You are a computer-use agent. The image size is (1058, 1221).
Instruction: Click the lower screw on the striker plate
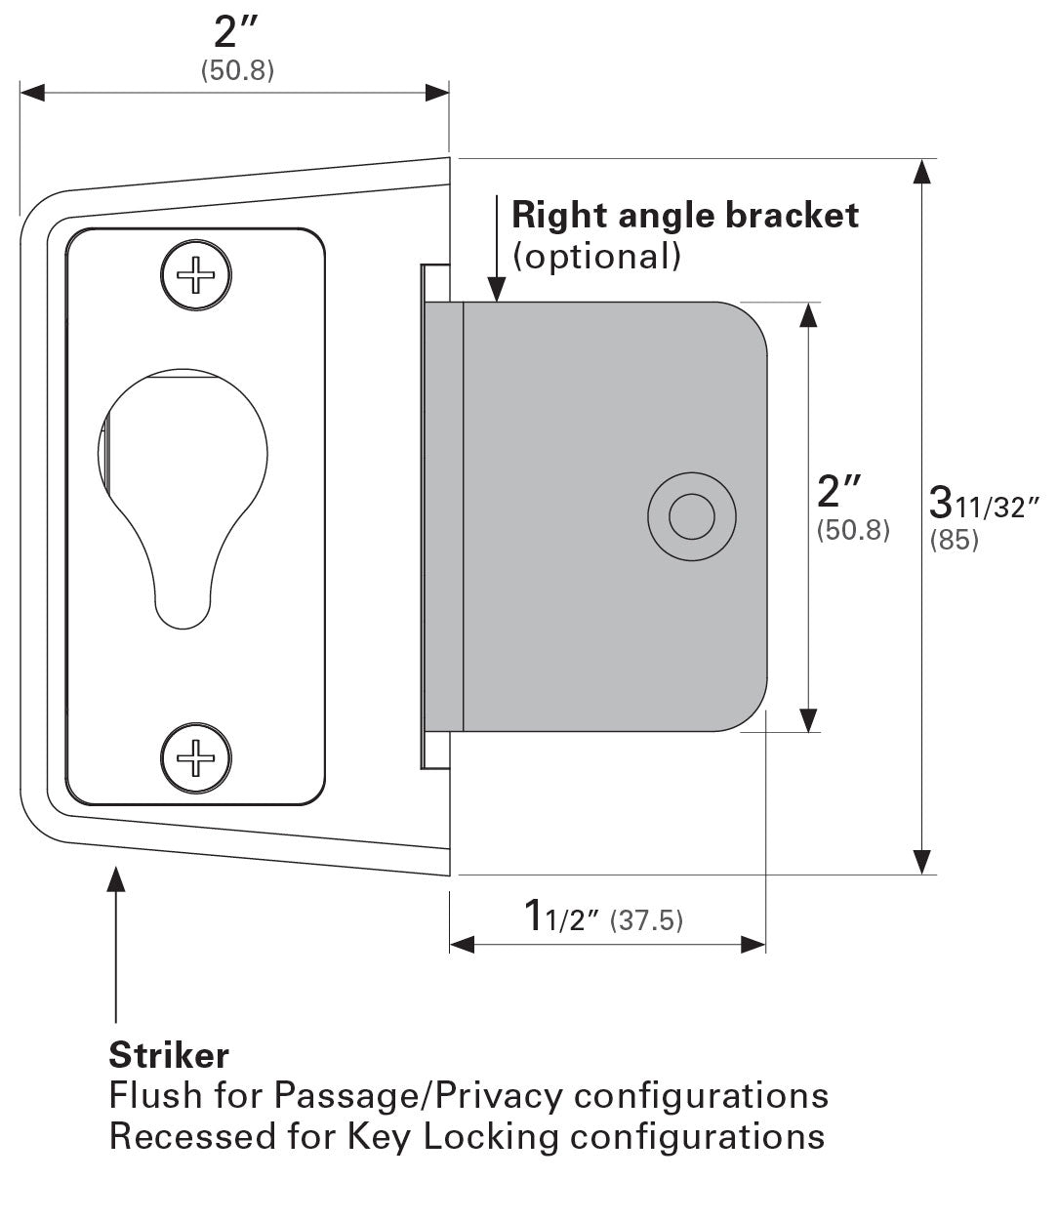coord(196,758)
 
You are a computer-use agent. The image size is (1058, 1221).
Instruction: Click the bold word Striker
coord(169,1055)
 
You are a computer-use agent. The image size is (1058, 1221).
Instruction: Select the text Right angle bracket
coord(685,215)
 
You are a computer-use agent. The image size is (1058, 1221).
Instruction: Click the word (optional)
coord(595,256)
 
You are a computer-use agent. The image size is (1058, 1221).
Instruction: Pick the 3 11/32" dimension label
coord(984,505)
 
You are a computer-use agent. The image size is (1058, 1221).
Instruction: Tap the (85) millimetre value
coord(954,539)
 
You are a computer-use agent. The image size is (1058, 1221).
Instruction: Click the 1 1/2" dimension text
coord(561,917)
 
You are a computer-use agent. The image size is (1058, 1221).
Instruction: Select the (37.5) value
coord(646,919)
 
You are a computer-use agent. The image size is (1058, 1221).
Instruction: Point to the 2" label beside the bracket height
coord(840,491)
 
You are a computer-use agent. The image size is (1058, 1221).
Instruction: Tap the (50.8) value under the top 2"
coord(237,70)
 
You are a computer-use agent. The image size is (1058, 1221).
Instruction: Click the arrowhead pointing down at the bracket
coord(497,289)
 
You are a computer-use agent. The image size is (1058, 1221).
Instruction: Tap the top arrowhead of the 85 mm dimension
coord(920,171)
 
